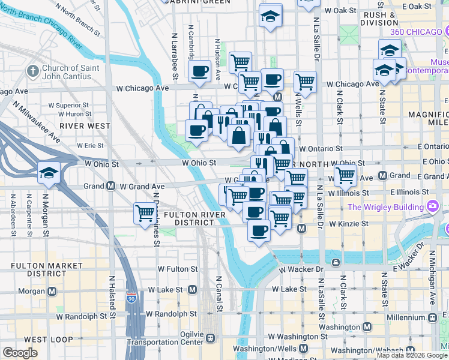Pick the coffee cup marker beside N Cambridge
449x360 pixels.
199,72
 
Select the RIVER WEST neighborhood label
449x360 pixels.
85,126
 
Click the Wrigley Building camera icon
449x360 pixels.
432,207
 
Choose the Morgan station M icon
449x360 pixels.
52,292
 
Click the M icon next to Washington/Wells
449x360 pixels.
304,349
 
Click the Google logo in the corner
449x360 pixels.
20,353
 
